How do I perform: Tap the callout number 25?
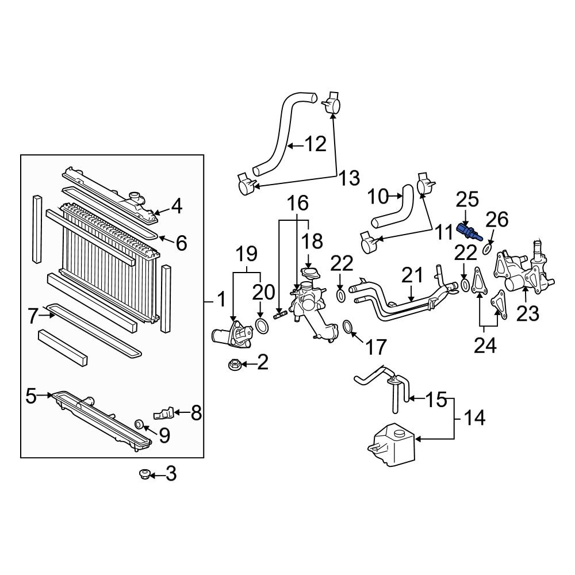pyautogui.click(x=467, y=200)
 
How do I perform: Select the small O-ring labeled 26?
pyautogui.click(x=486, y=248)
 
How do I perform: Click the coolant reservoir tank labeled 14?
pyautogui.click(x=389, y=442)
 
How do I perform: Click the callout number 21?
pyautogui.click(x=412, y=275)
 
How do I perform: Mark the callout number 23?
pyautogui.click(x=528, y=313)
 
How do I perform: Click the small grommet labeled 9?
pyautogui.click(x=139, y=425)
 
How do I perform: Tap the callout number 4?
pyautogui.click(x=176, y=206)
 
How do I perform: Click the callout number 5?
pyautogui.click(x=32, y=395)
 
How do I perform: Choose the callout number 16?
pyautogui.click(x=298, y=202)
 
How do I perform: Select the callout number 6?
pyautogui.click(x=181, y=244)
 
